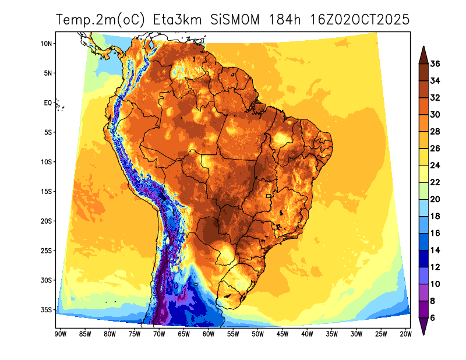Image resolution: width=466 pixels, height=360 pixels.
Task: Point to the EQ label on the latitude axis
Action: coord(48,103)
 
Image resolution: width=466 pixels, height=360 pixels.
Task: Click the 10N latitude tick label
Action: coord(47,44)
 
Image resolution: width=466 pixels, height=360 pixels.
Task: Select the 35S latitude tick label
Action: coord(47,310)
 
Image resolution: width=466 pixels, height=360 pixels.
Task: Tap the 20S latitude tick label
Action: coord(47,221)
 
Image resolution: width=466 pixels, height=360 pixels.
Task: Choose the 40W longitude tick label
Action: coord(307,334)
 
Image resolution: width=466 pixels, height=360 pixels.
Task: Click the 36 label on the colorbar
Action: coord(435,64)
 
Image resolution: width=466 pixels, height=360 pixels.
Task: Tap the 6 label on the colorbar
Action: coord(433,318)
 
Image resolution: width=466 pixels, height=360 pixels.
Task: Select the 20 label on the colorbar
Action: coord(435,199)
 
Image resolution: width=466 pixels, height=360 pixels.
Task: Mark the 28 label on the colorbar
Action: coord(435,132)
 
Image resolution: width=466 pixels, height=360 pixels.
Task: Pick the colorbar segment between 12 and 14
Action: coord(424,259)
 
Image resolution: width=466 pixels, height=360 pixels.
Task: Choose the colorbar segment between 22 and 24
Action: coord(424,174)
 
